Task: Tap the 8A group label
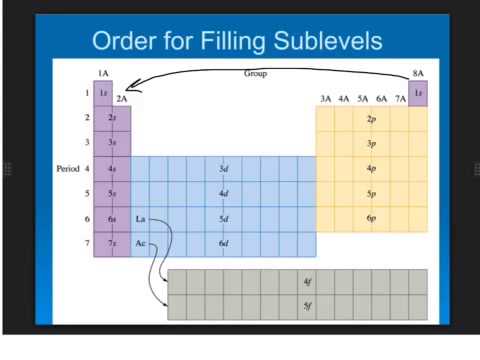click(x=418, y=74)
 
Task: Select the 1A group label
click(x=103, y=74)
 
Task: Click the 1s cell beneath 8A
click(x=418, y=93)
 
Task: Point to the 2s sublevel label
click(x=113, y=118)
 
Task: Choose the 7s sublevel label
click(x=113, y=243)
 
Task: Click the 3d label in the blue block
click(x=224, y=169)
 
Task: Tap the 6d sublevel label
click(x=224, y=243)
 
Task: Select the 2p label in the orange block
click(x=371, y=118)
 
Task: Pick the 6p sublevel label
click(x=371, y=218)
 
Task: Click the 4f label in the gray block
click(x=308, y=282)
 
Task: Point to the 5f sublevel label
click(x=308, y=306)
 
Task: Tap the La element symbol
click(x=141, y=218)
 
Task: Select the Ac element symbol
click(x=141, y=243)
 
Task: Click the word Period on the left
click(x=66, y=169)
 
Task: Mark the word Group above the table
click(x=255, y=74)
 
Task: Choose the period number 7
click(x=87, y=243)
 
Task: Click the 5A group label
click(x=361, y=99)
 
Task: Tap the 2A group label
click(x=122, y=99)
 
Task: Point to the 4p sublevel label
click(x=371, y=169)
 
